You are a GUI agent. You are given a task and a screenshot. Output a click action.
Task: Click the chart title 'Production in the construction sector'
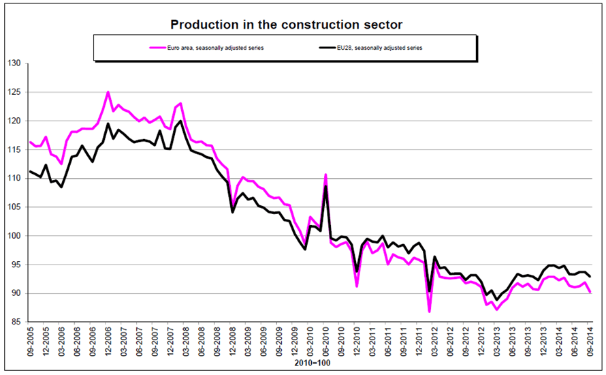coord(286,25)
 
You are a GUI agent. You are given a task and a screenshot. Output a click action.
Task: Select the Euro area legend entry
coord(210,48)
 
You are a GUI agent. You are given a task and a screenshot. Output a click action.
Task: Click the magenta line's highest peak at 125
coord(108,92)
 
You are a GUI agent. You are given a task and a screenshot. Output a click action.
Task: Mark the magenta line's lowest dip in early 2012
coord(429,312)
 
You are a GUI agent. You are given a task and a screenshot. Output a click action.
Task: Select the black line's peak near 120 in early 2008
coord(180,121)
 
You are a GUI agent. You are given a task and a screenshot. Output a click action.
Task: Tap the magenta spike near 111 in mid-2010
coord(325,175)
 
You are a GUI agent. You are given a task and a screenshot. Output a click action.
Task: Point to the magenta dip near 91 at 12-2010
coord(357,286)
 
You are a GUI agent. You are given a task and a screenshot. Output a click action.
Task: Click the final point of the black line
coord(590,276)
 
